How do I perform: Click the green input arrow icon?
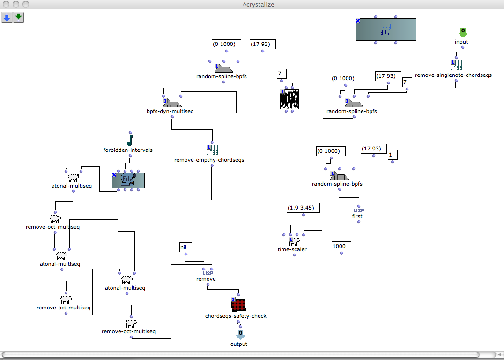[462, 32]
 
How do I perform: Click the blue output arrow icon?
[239, 335]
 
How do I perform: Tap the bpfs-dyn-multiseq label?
[170, 112]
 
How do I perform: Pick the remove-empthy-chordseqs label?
[209, 160]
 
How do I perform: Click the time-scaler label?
[292, 249]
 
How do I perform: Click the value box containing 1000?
[341, 246]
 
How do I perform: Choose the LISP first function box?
[358, 213]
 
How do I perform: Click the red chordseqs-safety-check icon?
[239, 305]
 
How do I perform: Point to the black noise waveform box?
[289, 99]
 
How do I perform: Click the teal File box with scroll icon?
[128, 180]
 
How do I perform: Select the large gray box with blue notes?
[385, 30]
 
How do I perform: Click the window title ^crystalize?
[252, 4]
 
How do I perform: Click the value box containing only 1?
[393, 154]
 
